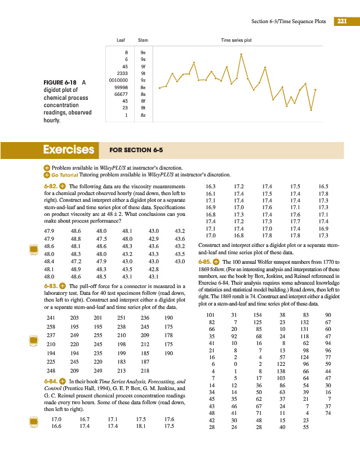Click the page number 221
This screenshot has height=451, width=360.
coord(342,21)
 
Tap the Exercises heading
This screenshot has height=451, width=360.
coord(69,150)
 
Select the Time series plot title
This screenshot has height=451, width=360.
coord(236,41)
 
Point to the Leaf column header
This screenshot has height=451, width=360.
coord(120,41)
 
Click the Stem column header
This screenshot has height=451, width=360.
coord(143,41)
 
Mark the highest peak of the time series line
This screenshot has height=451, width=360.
coord(241,54)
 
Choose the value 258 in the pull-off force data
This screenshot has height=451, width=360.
coord(50,326)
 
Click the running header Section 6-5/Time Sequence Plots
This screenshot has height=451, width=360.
coord(288,21)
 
